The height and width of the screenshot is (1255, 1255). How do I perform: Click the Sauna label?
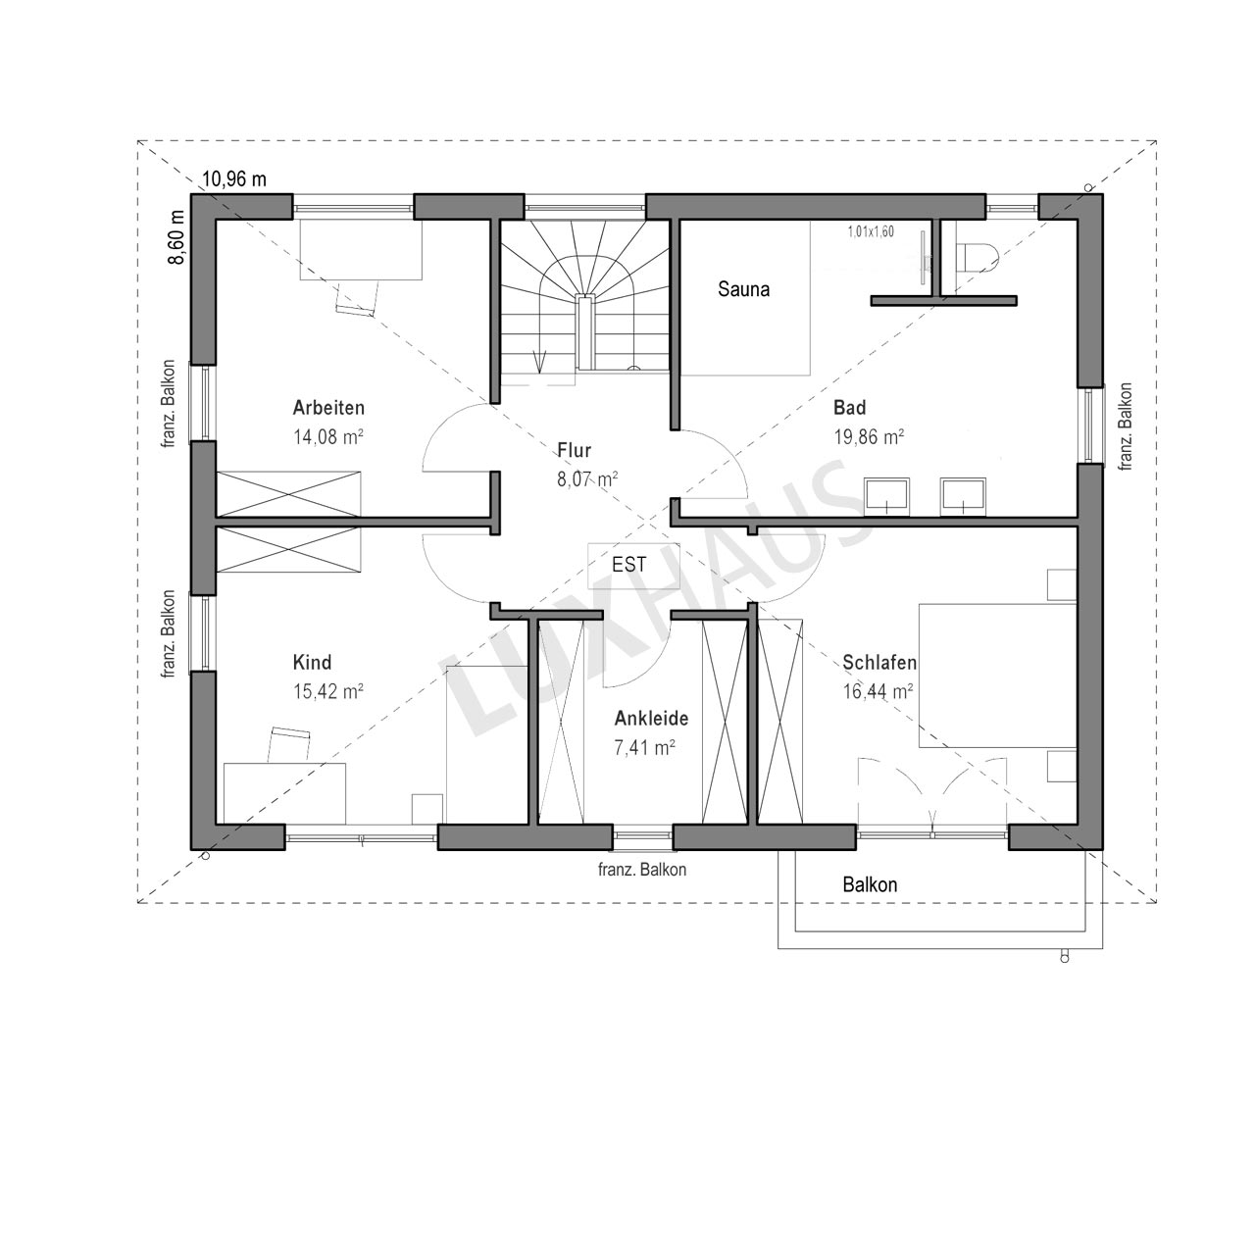click(x=744, y=289)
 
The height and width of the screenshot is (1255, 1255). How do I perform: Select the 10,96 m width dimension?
click(x=234, y=179)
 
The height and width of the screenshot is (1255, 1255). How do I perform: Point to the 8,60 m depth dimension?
click(x=176, y=237)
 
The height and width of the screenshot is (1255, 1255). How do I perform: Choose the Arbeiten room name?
click(x=328, y=408)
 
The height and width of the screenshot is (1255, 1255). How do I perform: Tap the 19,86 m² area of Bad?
click(x=869, y=437)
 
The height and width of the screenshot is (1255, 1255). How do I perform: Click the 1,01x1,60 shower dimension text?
click(x=871, y=231)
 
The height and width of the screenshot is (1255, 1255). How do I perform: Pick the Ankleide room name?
click(x=651, y=719)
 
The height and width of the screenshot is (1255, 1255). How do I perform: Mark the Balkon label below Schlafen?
click(x=870, y=885)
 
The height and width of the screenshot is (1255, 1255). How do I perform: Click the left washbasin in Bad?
click(x=886, y=496)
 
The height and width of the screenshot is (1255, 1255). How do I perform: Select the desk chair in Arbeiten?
click(x=358, y=298)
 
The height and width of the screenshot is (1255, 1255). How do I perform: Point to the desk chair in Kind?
click(x=288, y=744)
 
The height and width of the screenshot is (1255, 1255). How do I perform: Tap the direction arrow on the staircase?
click(x=539, y=362)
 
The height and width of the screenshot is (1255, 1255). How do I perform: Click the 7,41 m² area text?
click(x=644, y=748)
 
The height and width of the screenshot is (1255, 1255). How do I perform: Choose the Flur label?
click(x=574, y=451)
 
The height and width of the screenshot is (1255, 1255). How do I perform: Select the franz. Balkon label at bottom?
click(x=642, y=870)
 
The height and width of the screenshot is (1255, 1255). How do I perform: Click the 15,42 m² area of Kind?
click(x=328, y=691)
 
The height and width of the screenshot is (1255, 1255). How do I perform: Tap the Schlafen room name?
click(x=879, y=663)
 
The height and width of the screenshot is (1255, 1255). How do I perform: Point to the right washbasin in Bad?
click(x=963, y=496)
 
